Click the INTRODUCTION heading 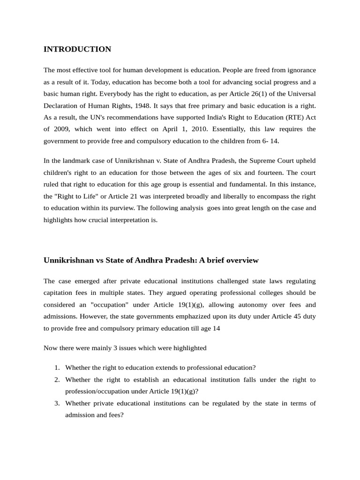tap(77, 49)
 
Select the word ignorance tap(300, 70)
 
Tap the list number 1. tap(56, 367)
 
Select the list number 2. tap(56, 380)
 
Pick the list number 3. tap(56, 404)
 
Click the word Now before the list tap(50, 348)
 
